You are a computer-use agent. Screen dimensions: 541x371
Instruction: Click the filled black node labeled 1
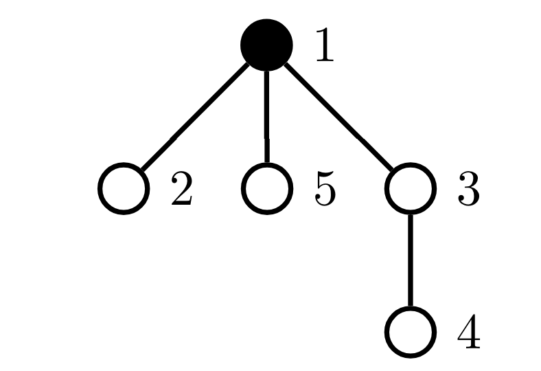(x=266, y=45)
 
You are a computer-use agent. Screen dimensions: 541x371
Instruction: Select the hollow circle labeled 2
(x=124, y=188)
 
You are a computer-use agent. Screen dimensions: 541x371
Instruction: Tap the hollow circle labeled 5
(x=266, y=188)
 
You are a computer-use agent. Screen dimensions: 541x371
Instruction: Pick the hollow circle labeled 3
(x=411, y=188)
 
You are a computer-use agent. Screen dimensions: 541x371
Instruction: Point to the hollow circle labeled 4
(x=411, y=332)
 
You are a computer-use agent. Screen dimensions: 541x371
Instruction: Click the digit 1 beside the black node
(x=325, y=45)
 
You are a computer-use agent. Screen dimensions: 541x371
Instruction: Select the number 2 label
(x=182, y=188)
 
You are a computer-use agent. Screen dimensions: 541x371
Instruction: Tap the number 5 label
(x=325, y=188)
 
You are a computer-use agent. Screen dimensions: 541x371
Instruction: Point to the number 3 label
(x=468, y=188)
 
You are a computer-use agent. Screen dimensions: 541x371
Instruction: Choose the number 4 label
(x=469, y=331)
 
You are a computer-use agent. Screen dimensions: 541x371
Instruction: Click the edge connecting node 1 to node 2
(x=195, y=117)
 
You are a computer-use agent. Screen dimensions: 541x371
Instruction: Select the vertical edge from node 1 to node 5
(x=266, y=117)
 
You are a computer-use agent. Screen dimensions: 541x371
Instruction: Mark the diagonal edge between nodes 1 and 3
(x=338, y=117)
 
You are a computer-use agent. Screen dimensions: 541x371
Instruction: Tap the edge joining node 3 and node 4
(x=411, y=260)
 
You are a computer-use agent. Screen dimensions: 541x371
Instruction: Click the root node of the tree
(x=266, y=45)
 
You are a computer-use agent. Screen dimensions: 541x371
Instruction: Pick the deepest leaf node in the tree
(x=411, y=332)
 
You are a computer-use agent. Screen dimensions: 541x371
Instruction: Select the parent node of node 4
(x=411, y=188)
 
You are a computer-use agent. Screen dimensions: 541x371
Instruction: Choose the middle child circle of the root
(x=266, y=188)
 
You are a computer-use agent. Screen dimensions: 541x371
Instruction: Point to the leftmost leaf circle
(x=124, y=188)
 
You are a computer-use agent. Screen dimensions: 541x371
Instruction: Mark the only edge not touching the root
(x=411, y=260)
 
